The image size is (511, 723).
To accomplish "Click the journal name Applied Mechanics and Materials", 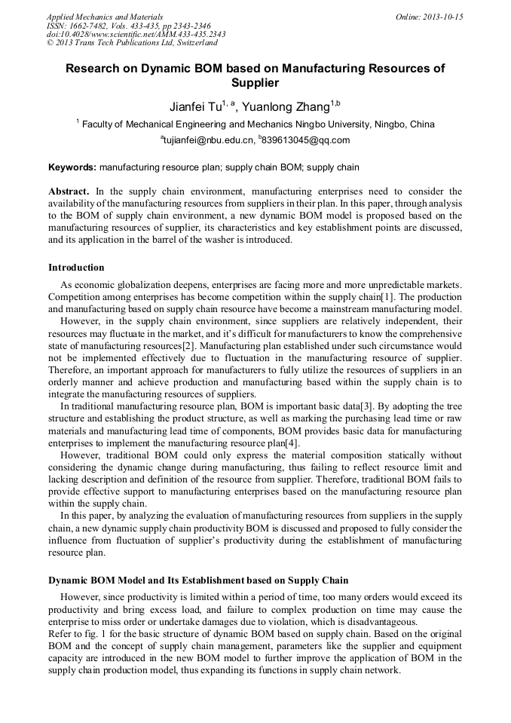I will (104, 16).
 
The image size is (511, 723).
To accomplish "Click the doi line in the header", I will (136, 34).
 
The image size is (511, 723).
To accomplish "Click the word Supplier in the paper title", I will (255, 83).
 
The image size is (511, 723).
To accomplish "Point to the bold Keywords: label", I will (72, 167).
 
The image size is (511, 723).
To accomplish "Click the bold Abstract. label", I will (69, 192).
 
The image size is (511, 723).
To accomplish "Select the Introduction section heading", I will (76, 268).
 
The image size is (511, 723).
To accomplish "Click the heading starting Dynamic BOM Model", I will (198, 581).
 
